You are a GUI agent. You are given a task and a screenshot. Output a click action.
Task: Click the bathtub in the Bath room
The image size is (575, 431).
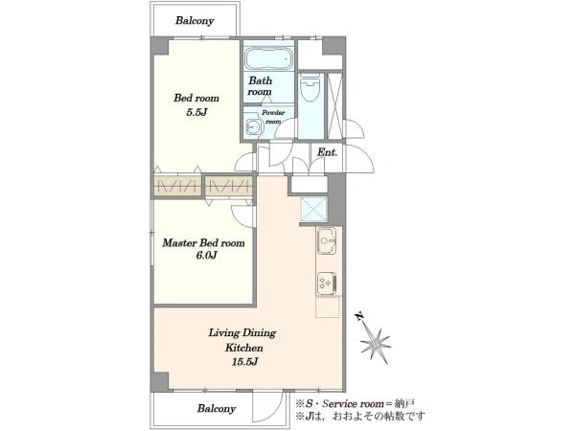click(x=268, y=58)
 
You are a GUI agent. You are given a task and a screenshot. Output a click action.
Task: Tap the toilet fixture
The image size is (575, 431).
click(x=310, y=87)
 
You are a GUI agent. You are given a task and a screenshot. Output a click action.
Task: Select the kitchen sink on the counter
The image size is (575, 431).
click(x=327, y=240)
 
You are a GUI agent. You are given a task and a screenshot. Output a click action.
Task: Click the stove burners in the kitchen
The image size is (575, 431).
click(x=327, y=284)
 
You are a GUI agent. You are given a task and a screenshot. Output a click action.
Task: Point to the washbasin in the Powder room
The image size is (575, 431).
click(x=252, y=126)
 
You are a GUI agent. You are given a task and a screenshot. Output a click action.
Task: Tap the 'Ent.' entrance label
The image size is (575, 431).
click(x=327, y=152)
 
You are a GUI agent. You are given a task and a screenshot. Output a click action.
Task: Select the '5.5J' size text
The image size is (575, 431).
click(x=196, y=112)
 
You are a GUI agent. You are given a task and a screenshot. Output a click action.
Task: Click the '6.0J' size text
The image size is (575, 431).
click(x=206, y=256)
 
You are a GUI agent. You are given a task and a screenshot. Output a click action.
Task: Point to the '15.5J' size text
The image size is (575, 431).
click(x=244, y=362)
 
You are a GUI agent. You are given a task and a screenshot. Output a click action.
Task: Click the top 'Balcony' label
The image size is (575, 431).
click(x=195, y=20)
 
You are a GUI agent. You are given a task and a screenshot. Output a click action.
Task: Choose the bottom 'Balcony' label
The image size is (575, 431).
click(x=216, y=408)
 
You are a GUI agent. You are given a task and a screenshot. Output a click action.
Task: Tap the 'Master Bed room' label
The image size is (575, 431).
click(x=203, y=243)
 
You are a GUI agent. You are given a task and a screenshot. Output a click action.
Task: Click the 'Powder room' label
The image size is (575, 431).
click(x=273, y=117)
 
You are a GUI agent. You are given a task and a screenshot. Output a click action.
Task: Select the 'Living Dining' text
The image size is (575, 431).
click(x=242, y=333)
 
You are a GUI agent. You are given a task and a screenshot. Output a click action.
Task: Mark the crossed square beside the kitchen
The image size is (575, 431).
click(x=314, y=210)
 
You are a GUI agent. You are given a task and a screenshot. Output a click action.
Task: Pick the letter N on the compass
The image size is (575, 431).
click(x=359, y=316)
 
